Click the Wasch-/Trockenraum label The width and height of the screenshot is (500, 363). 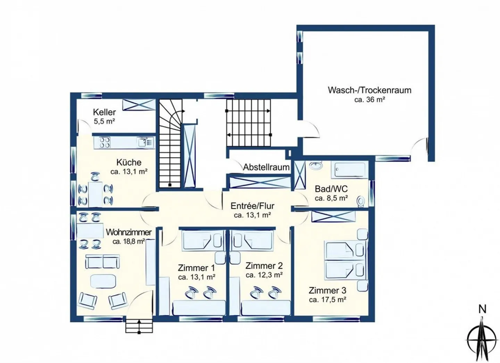[x=369, y=90]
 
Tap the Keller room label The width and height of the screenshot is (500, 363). [x=104, y=112]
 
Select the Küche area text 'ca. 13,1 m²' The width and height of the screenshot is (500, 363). [x=129, y=171]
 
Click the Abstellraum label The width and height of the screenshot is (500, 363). [x=266, y=167]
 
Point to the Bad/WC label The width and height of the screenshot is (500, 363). [x=331, y=189]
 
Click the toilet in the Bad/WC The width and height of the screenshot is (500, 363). [x=361, y=201]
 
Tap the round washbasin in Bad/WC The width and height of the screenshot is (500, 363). [x=316, y=166]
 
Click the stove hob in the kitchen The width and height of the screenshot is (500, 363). [x=105, y=142]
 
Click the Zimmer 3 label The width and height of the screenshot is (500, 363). [x=327, y=290]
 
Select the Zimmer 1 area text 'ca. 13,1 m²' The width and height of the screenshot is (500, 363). [x=197, y=277]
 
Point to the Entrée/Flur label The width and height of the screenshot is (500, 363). [x=252, y=206]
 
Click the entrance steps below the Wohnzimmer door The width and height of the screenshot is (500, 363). [x=139, y=326]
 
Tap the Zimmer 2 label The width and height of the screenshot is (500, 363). [x=264, y=266]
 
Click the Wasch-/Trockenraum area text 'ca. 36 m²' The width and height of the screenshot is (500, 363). [x=369, y=100]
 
